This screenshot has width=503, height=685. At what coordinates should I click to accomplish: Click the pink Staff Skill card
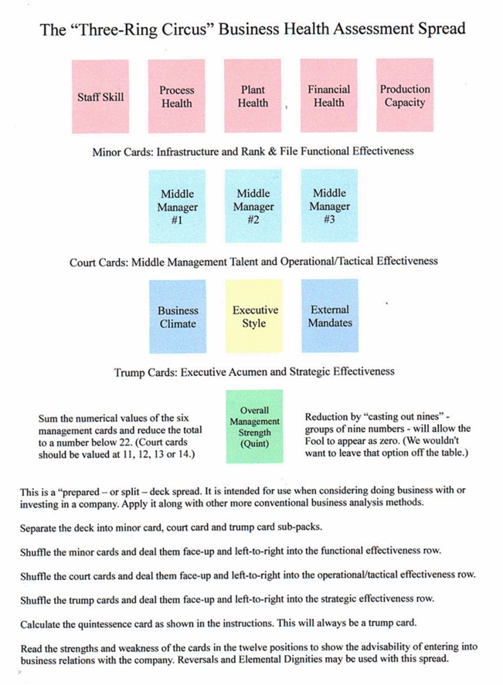pyautogui.click(x=100, y=96)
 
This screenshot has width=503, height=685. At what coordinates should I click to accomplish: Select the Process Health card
pyautogui.click(x=177, y=96)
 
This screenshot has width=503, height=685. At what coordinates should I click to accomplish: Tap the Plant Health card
pyautogui.click(x=253, y=96)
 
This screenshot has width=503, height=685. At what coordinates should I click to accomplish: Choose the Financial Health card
pyautogui.click(x=328, y=96)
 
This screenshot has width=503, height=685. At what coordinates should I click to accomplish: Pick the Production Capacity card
pyautogui.click(x=405, y=96)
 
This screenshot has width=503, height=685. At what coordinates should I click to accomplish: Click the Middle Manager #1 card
pyautogui.click(x=177, y=206)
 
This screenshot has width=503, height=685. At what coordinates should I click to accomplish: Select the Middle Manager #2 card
pyautogui.click(x=254, y=206)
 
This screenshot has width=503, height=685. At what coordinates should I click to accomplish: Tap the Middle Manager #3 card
pyautogui.click(x=329, y=206)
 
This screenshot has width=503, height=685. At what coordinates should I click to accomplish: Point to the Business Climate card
pyautogui.click(x=178, y=316)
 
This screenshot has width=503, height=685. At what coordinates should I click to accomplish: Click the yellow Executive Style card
pyautogui.click(x=254, y=316)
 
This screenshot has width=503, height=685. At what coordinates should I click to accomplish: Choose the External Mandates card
pyautogui.click(x=330, y=316)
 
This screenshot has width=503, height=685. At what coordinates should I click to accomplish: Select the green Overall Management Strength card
pyautogui.click(x=254, y=427)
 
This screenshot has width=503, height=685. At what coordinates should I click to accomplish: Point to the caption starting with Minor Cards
pyautogui.click(x=253, y=151)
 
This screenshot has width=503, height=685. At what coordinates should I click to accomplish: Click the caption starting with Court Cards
pyautogui.click(x=254, y=262)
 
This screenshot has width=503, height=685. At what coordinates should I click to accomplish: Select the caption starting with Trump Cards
pyautogui.click(x=254, y=371)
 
